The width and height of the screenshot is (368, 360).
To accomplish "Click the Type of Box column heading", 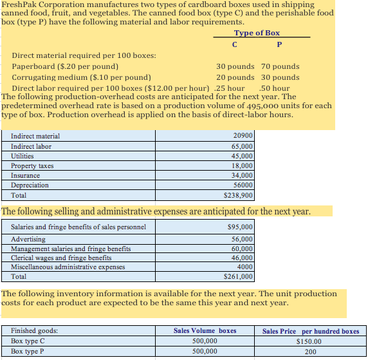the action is pos(257,33).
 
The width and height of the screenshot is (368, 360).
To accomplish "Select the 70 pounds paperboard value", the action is pos(280,66).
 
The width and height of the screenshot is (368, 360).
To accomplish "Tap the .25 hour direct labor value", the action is pos(230,88).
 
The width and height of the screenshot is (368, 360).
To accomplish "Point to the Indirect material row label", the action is pos(35,136).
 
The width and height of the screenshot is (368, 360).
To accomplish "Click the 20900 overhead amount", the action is pos(242,136).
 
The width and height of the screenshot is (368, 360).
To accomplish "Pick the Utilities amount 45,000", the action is pos(241,156).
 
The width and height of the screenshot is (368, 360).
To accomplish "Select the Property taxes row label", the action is pos(32,166).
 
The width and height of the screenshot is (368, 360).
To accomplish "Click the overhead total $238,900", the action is pos(239,195).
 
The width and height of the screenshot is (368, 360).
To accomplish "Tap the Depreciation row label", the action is pos(30,185).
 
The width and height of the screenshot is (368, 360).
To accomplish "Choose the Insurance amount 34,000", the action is pos(241,175).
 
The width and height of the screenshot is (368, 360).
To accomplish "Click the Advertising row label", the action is pos(28,239).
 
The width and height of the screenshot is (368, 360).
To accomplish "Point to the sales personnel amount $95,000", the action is pos(240,227).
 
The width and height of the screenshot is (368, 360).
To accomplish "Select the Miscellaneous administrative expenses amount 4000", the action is pos(244,267).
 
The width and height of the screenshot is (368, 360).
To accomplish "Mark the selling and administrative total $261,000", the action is pos(239,277).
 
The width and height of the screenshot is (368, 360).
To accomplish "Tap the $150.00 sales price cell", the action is pos(309,341).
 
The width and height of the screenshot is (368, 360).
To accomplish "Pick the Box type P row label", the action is pos(28,352).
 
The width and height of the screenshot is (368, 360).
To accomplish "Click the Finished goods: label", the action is pos(34,331).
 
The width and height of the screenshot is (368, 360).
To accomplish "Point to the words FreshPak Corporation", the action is pos(44,4).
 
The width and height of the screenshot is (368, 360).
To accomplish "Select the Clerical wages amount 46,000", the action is pos(241,258).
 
